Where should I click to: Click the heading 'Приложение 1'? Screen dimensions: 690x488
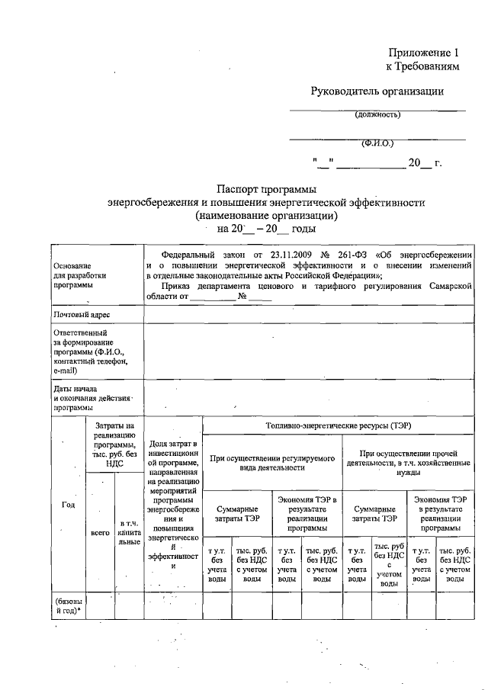pos(425,53)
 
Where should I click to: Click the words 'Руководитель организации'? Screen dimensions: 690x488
pos(377,91)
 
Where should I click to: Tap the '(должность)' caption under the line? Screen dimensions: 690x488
pos(377,116)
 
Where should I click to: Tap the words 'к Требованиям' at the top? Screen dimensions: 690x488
pos(424,67)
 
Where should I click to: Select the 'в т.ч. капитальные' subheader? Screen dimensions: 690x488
pos(128,532)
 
